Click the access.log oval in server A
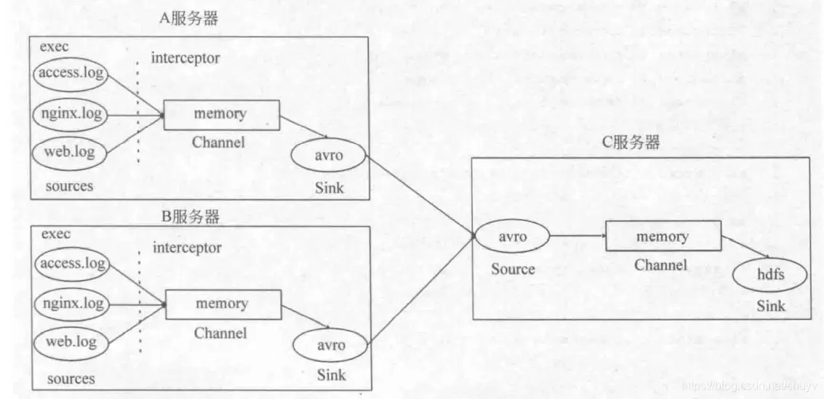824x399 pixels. coord(71,73)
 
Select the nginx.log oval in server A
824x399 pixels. coord(71,114)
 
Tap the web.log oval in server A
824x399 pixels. coord(69,153)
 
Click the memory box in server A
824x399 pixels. coord(221,115)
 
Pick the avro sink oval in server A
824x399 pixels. coord(327,155)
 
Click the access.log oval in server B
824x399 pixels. coord(71,264)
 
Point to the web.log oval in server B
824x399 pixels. coord(71,342)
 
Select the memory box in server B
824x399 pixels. coord(223,304)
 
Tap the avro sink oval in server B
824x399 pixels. coord(329,344)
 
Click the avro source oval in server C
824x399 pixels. coord(511,237)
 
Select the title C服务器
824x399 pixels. coord(631,142)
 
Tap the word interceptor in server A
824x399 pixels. coord(185,58)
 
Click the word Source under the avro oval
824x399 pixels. coord(513,269)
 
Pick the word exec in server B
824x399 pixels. coord(55,234)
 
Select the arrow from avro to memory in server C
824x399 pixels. coord(577,237)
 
